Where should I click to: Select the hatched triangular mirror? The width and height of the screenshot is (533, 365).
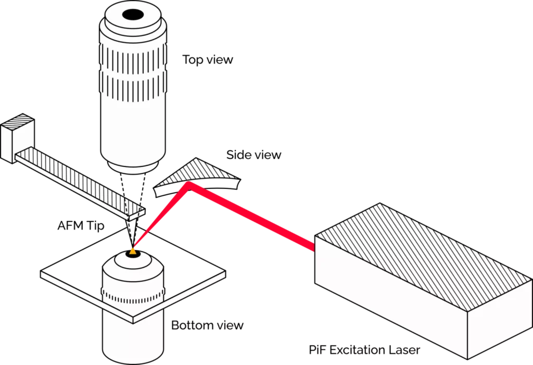click(200, 172)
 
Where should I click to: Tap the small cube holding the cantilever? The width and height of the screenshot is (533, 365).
click(18, 136)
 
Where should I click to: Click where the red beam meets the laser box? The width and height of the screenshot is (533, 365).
click(314, 245)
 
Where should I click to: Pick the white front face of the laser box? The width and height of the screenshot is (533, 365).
click(390, 302)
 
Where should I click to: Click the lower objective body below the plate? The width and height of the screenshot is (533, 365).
click(133, 338)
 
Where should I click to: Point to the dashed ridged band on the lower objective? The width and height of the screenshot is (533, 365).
click(133, 297)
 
